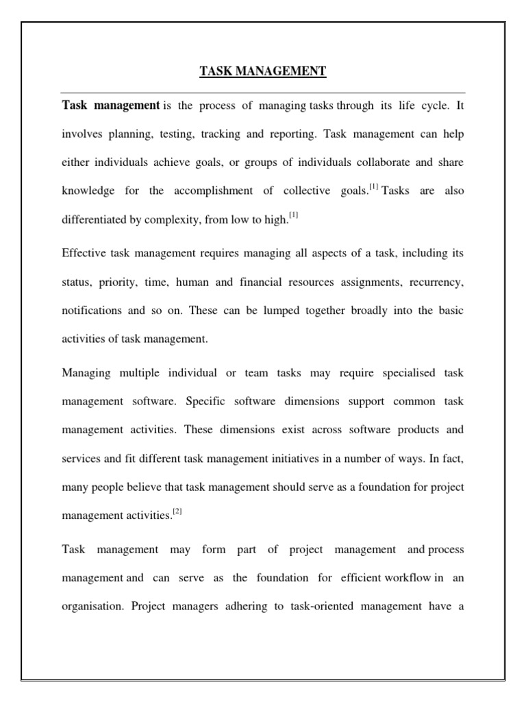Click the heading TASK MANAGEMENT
coord(263,71)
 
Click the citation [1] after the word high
coord(293,216)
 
